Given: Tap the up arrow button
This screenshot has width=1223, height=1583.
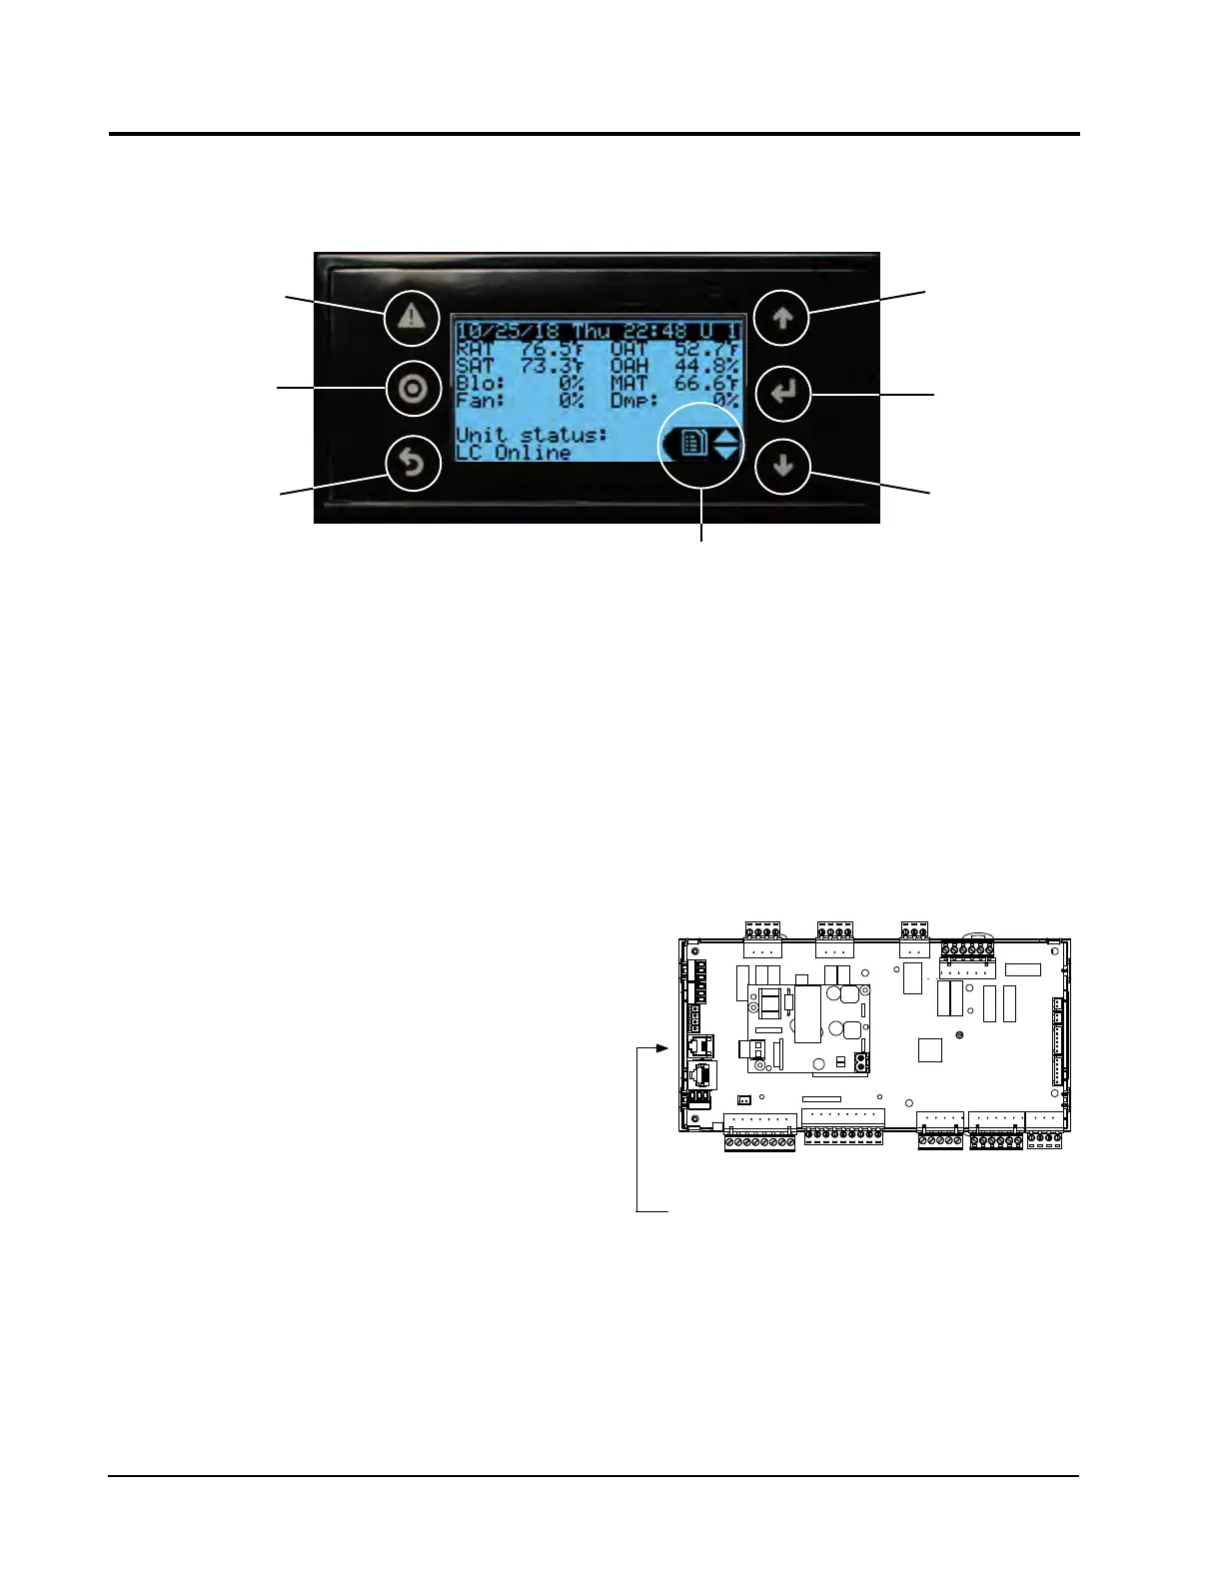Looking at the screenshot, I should click(x=782, y=318).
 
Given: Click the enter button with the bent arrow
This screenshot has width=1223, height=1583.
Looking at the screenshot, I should click(x=782, y=393).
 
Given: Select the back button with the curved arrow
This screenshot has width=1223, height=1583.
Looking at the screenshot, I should click(x=413, y=464).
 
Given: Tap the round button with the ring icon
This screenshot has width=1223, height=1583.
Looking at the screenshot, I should click(x=413, y=389).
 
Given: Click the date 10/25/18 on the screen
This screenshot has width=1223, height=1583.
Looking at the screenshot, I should click(x=508, y=331).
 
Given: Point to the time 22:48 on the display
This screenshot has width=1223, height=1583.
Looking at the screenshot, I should click(x=655, y=331).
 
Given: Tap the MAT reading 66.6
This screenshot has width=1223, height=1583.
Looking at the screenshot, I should click(x=705, y=384).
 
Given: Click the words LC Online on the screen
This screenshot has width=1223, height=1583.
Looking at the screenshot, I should click(x=514, y=452).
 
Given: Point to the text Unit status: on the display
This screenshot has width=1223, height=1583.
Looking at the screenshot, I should click(x=532, y=435).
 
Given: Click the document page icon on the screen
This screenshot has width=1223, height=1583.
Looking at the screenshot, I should click(x=693, y=443).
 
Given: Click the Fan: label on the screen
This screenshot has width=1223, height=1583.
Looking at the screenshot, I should click(x=480, y=401).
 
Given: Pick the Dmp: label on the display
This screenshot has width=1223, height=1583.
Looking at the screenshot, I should click(x=633, y=401).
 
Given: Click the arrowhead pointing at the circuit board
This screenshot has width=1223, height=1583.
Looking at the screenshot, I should click(x=660, y=1048).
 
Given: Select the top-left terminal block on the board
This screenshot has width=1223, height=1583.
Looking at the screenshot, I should click(x=762, y=939).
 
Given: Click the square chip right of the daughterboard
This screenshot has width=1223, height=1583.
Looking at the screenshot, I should click(x=929, y=1049).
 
